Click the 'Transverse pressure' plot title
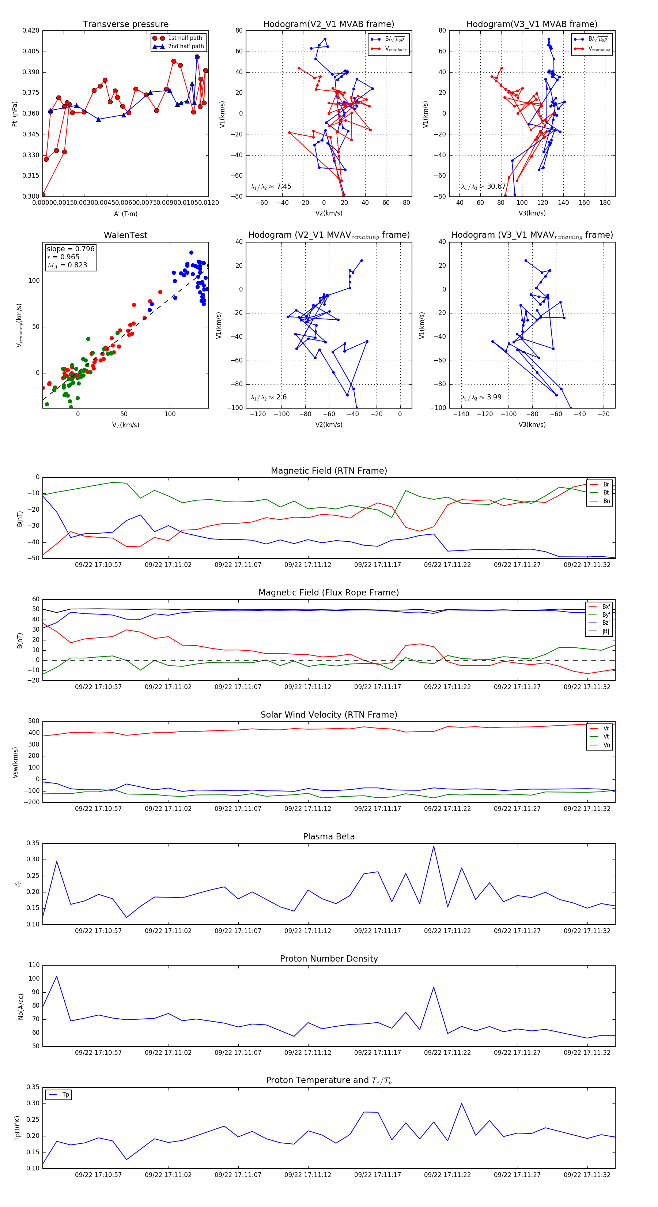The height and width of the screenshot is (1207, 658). coord(125,25)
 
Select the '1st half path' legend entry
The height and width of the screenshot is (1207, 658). coord(185,38)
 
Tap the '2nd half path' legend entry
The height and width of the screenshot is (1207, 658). coord(185,46)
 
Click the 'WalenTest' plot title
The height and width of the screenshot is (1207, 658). coord(125,235)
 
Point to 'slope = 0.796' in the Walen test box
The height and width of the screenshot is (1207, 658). coord(70,249)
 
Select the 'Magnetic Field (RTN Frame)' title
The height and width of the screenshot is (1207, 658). coord(329,471)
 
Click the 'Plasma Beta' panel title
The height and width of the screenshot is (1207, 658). coord(329,837)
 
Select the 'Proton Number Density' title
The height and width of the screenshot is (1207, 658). coord(329,959)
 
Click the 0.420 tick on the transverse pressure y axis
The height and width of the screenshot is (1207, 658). coord(31,30)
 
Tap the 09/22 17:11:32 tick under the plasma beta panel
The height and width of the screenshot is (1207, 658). coord(587,931)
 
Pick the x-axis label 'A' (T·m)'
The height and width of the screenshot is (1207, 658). coord(125,214)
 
